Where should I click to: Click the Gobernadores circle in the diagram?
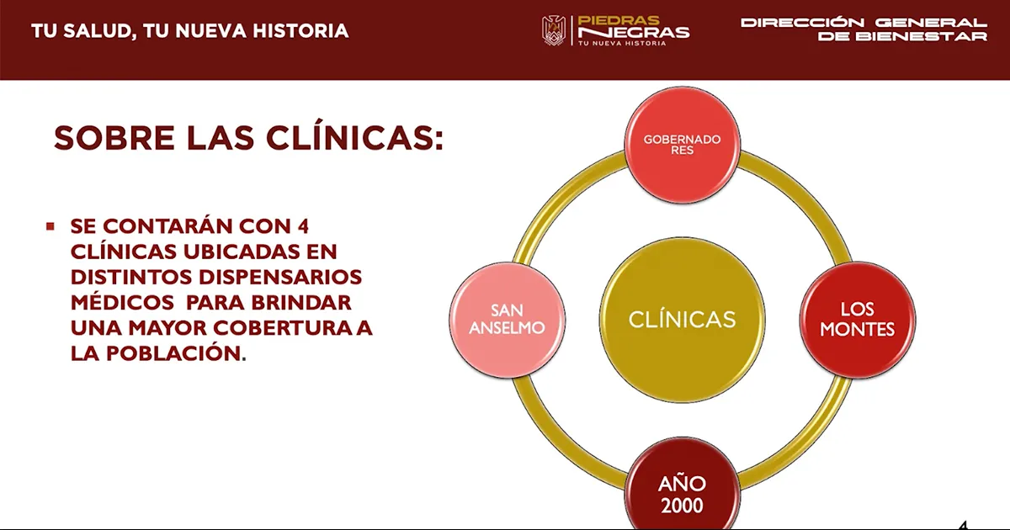pyautogui.click(x=683, y=145)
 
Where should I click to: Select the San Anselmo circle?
pyautogui.click(x=508, y=320)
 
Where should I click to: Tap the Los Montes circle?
pyautogui.click(x=857, y=320)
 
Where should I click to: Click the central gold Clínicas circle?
pyautogui.click(x=683, y=320)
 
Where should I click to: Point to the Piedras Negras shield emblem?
pyautogui.click(x=554, y=30)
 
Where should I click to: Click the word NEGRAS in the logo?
pyautogui.click(x=634, y=33)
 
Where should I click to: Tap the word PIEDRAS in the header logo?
pyautogui.click(x=618, y=20)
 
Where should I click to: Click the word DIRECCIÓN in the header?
pyautogui.click(x=803, y=22)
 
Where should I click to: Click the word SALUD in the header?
pyautogui.click(x=100, y=32)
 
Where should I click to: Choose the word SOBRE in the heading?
pyautogui.click(x=114, y=138)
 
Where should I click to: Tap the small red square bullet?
pyautogui.click(x=50, y=226)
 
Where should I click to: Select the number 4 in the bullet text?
pyautogui.click(x=303, y=226)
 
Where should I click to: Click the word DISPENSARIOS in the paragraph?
pyautogui.click(x=280, y=277)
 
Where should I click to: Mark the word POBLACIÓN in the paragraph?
pyautogui.click(x=173, y=352)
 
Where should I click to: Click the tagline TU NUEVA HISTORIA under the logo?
pyautogui.click(x=622, y=43)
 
